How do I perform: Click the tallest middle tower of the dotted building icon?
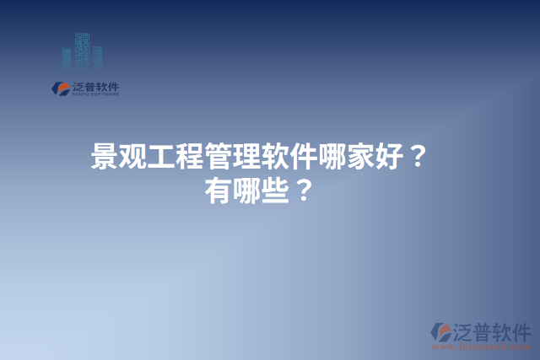click(82, 49)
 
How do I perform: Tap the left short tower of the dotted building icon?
click(67, 56)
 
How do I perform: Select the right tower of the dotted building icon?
click(97, 55)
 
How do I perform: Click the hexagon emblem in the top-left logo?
click(60, 88)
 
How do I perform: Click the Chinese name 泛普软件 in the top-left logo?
click(95, 86)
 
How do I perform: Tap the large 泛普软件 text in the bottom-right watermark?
click(494, 330)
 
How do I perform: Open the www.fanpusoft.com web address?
click(482, 347)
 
